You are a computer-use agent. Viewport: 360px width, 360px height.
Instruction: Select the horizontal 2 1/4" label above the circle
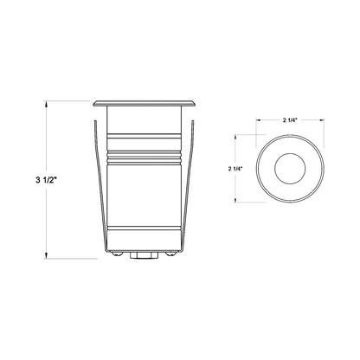290,120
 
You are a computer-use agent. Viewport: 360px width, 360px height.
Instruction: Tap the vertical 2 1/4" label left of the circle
235,169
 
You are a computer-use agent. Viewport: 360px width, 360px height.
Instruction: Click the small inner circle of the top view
290,170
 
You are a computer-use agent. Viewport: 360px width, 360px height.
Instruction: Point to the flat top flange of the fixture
145,103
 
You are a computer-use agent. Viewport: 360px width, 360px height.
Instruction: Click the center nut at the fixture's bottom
145,255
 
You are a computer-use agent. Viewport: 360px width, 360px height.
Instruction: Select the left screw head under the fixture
117,253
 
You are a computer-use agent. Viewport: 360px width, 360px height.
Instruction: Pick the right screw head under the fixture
171,253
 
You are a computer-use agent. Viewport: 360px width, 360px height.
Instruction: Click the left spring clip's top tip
94,121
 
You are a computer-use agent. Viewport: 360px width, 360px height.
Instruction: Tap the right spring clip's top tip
193,121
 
